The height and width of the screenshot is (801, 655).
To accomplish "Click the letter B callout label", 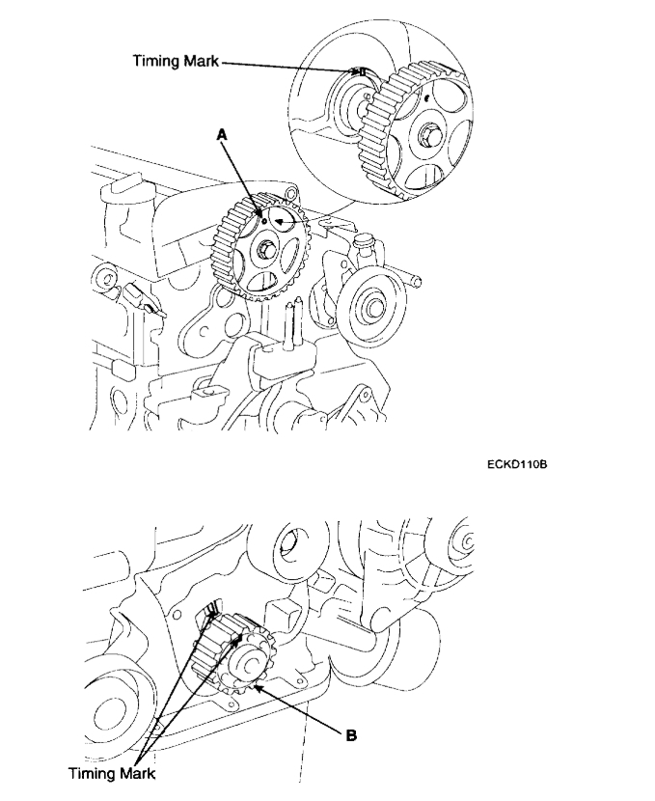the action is (352, 734).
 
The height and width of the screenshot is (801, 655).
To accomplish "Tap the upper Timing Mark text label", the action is (177, 61).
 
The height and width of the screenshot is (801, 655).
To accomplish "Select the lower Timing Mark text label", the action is (111, 773).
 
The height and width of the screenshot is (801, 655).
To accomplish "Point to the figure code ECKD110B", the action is (517, 465).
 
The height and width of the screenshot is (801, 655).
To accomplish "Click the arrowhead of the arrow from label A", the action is (261, 211).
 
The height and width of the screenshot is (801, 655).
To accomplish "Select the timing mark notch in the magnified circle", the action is (360, 71).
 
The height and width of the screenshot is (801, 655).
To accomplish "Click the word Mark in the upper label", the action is (200, 61).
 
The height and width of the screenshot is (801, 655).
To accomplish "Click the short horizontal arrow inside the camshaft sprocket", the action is (283, 221).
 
